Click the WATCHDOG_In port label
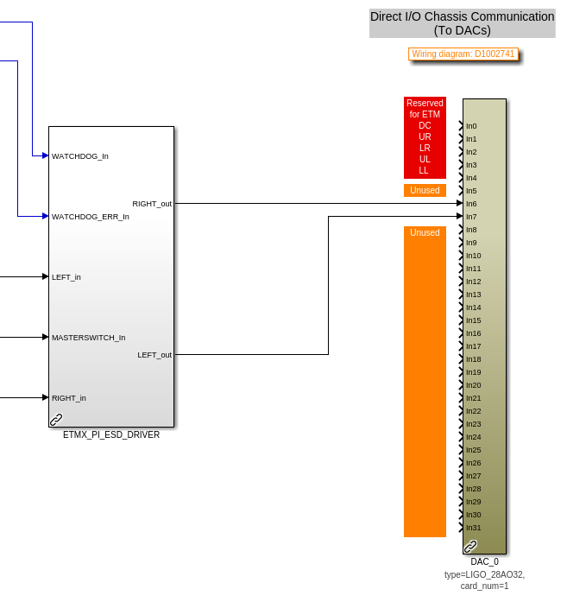tap(80, 156)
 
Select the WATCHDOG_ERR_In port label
tap(91, 217)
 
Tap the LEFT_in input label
tap(66, 277)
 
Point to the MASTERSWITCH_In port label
tap(89, 338)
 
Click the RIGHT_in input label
tap(69, 398)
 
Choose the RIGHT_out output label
tap(152, 204)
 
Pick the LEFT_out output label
tap(154, 355)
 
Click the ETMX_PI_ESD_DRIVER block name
tap(111, 435)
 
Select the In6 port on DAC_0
tap(471, 204)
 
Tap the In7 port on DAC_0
tap(471, 217)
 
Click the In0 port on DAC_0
tap(471, 126)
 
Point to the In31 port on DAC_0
tap(473, 528)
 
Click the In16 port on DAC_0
tap(473, 333)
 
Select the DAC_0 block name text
tap(484, 561)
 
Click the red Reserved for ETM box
tap(425, 137)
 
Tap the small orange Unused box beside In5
tap(425, 190)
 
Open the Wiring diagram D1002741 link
tap(463, 54)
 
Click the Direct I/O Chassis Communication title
tap(462, 23)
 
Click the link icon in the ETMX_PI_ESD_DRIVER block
tap(56, 420)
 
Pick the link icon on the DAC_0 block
tap(470, 547)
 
